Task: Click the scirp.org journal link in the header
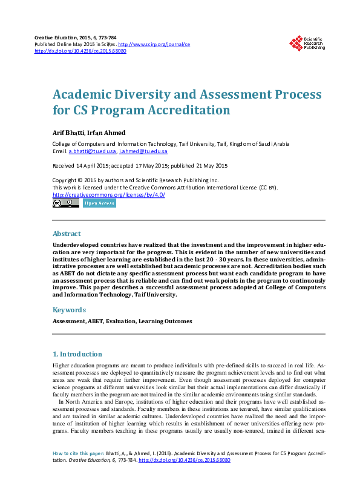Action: pyautogui.click(x=154, y=45)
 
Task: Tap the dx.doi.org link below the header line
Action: pyautogui.click(x=80, y=51)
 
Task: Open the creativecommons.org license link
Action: pyautogui.click(x=109, y=195)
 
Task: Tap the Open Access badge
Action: pyautogui.click(x=99, y=203)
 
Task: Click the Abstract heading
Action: pyautogui.click(x=67, y=234)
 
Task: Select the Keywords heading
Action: pyautogui.click(x=70, y=310)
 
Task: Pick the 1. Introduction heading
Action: pyautogui.click(x=77, y=354)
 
